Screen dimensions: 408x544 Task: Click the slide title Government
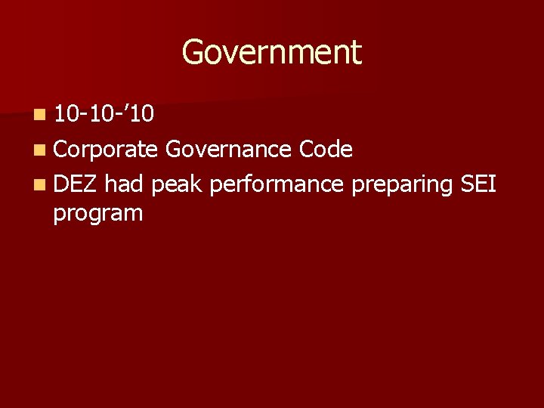click(272, 53)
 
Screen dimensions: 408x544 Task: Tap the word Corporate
click(105, 150)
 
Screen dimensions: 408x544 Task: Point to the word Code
click(326, 150)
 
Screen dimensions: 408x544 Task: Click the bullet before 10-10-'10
click(39, 116)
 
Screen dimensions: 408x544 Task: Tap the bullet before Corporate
click(39, 150)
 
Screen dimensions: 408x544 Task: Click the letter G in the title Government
click(193, 53)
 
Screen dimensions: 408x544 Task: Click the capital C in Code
click(307, 150)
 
